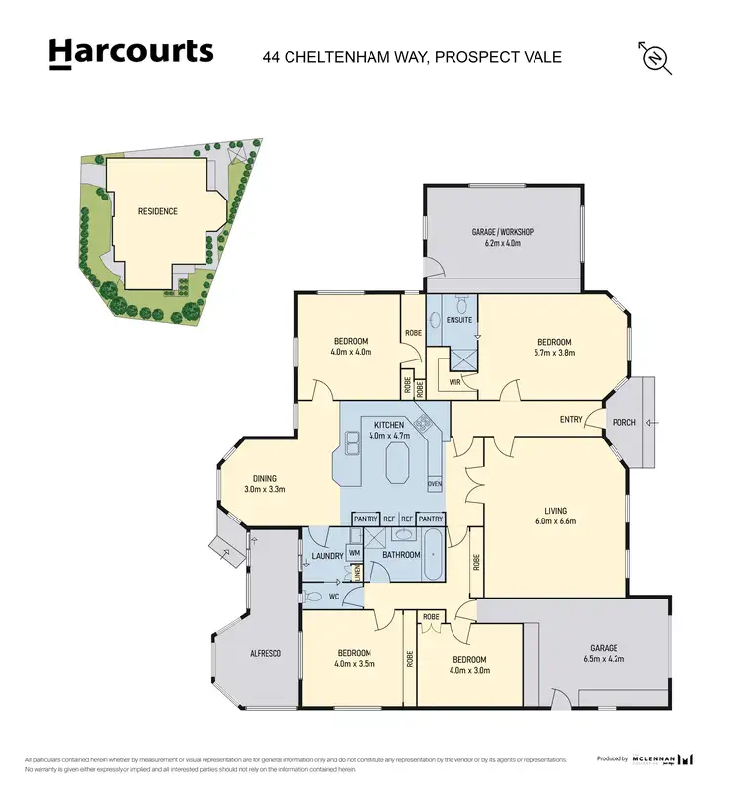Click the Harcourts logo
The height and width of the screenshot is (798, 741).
pos(130,52)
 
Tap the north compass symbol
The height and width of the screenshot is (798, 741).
pos(656,58)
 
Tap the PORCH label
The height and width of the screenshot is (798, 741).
pos(624,421)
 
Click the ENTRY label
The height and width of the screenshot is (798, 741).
pos(571,420)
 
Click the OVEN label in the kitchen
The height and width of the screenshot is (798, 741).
pos(435,484)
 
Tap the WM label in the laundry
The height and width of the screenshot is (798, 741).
pos(354,552)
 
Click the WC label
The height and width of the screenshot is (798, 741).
pos(335,597)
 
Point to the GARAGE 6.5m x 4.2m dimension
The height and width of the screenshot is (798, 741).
pos(603,659)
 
